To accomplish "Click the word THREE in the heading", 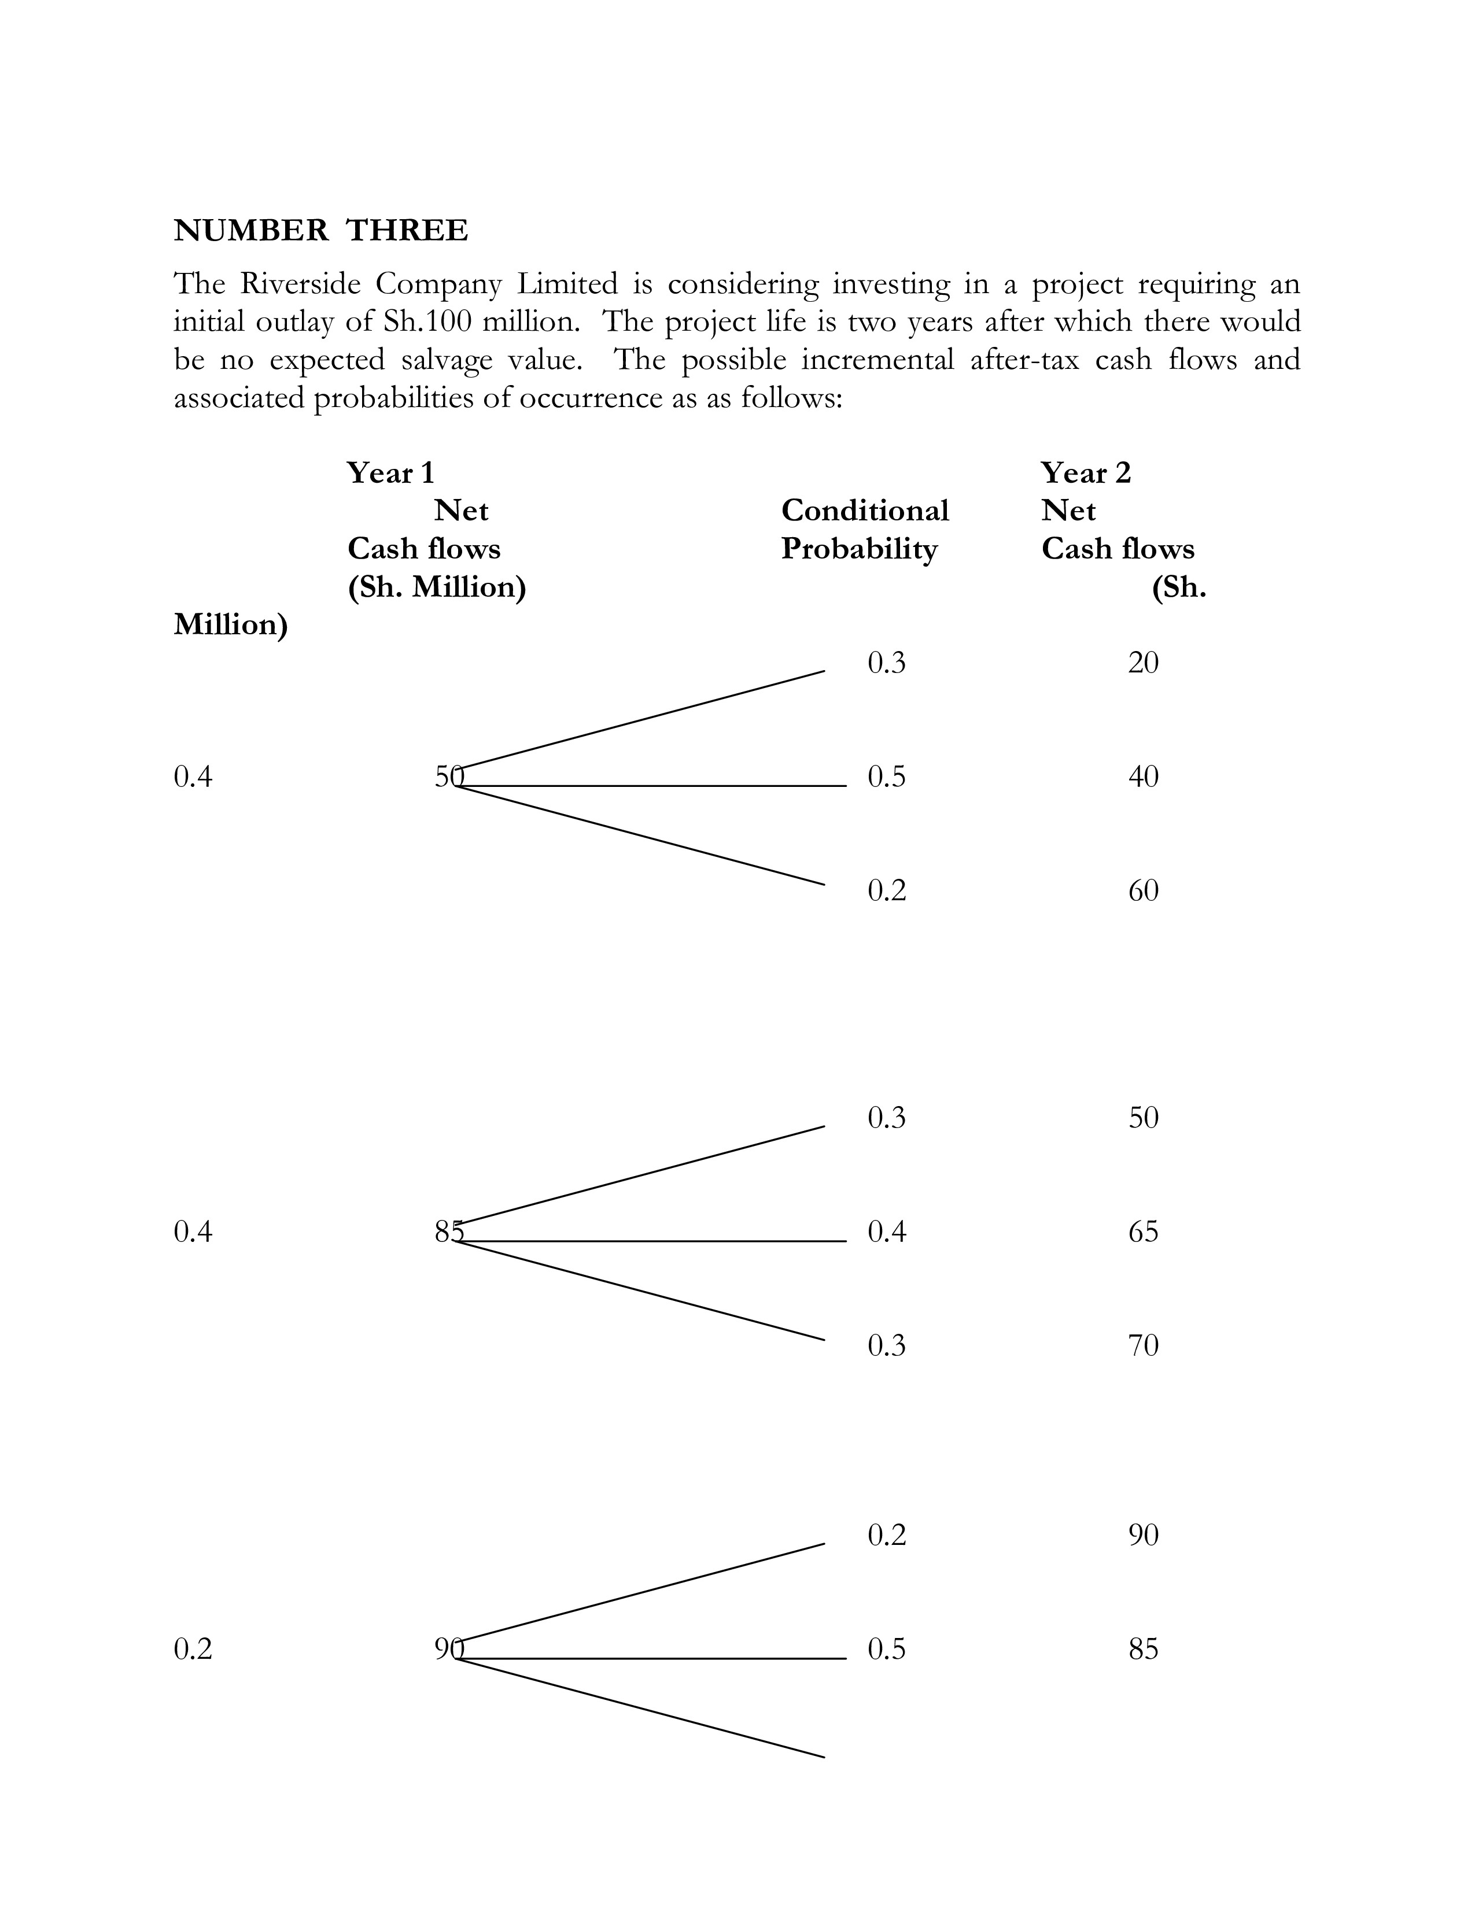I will click(x=407, y=231).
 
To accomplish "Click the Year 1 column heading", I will click(x=390, y=472).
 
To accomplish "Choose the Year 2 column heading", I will click(x=1085, y=472).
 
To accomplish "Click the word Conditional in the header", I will click(x=864, y=510).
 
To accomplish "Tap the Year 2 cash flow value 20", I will click(x=1143, y=663).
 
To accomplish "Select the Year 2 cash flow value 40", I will click(x=1143, y=776).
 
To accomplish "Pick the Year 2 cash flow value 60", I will click(x=1143, y=890).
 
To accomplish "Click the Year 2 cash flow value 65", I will click(x=1143, y=1232).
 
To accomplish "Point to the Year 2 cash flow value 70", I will click(x=1143, y=1345).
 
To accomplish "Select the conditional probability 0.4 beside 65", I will click(x=887, y=1232).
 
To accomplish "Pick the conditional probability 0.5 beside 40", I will click(x=887, y=776).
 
